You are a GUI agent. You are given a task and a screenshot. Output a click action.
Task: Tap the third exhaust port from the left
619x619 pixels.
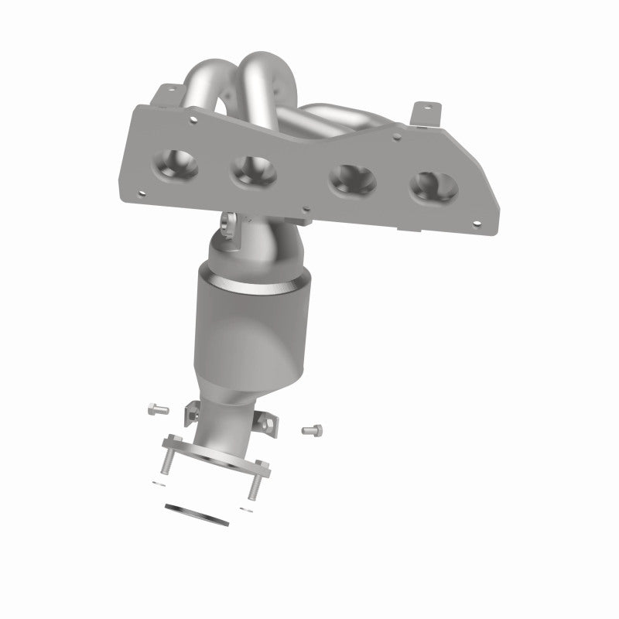click(x=352, y=181)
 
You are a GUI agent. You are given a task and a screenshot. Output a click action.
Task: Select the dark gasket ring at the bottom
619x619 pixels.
click(x=197, y=512)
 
